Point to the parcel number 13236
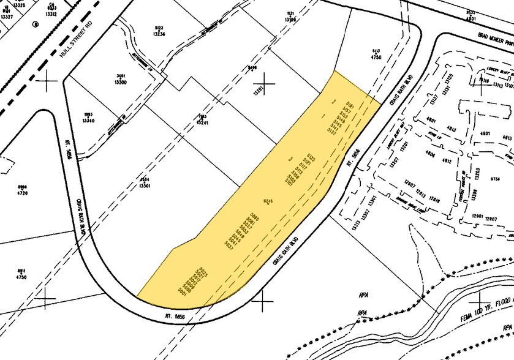159,34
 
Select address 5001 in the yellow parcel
182,293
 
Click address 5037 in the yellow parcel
229,246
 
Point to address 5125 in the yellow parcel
312,158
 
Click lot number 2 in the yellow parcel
333,101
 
